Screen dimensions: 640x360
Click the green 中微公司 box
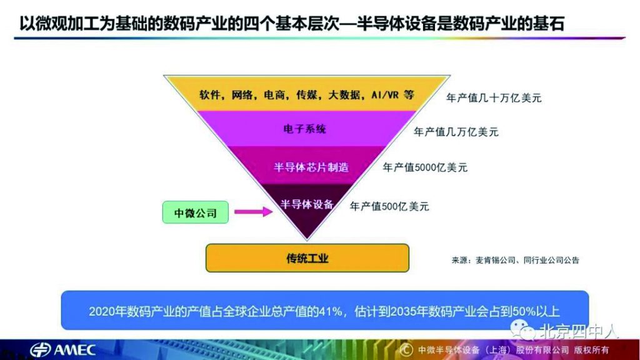[196, 212]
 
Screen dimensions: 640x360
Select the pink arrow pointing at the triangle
[254, 211]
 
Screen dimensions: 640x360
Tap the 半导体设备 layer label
[307, 204]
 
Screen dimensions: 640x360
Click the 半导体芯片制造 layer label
[311, 167]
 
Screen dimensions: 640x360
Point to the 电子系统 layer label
[304, 129]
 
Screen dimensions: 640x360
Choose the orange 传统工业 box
[307, 258]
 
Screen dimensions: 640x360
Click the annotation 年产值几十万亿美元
[494, 98]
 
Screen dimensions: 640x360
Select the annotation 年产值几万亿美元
[456, 132]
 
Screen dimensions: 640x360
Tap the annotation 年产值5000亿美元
[425, 167]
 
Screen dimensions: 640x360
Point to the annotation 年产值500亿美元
[389, 206]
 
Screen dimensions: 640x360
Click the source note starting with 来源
[516, 260]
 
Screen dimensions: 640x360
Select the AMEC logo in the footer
[62, 350]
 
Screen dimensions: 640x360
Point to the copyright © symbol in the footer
[406, 350]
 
